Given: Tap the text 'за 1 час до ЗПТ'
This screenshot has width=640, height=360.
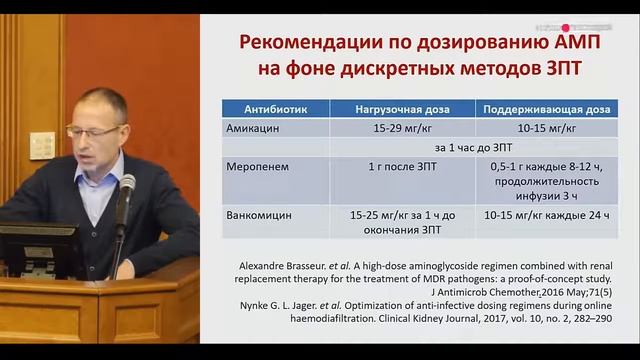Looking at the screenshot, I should pyautogui.click(x=398, y=146).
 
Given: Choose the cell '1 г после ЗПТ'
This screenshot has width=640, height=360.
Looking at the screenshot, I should pyautogui.click(x=398, y=166).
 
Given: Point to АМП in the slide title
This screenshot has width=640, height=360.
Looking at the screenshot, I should pyautogui.click(x=547, y=43).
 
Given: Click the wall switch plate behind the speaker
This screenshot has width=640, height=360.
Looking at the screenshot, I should pyautogui.click(x=42, y=146).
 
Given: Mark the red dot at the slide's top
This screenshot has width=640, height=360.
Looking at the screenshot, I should pyautogui.click(x=566, y=28).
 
